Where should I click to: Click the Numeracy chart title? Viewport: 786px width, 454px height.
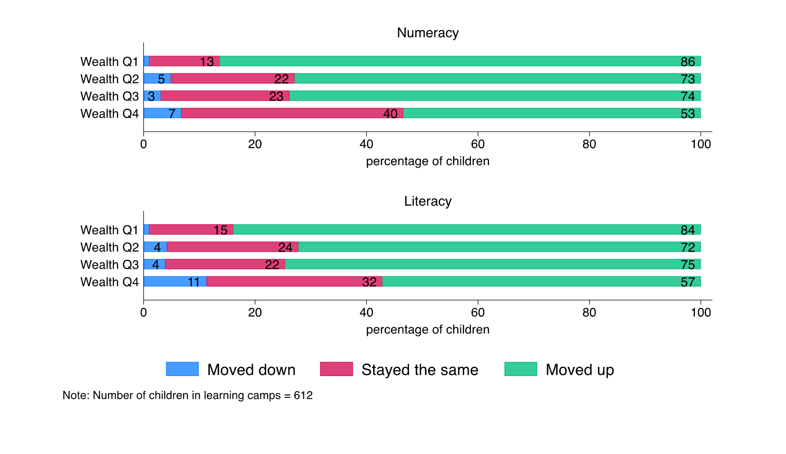427,33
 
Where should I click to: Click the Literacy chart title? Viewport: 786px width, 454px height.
427,201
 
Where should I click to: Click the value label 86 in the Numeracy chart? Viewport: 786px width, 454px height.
688,62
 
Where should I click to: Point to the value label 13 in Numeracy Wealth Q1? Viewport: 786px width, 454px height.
207,62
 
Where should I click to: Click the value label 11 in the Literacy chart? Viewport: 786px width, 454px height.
194,282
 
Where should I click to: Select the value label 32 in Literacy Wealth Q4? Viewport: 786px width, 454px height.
369,282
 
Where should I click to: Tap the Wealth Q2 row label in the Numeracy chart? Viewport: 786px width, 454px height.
110,79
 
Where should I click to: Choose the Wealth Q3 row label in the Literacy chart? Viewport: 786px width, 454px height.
110,265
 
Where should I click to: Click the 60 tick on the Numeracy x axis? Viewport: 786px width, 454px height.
478,144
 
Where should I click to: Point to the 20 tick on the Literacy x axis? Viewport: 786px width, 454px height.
255,313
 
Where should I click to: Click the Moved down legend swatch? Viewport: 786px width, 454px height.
182,369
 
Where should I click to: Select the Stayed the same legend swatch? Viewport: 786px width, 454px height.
336,369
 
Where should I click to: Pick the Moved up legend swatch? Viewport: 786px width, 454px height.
520,369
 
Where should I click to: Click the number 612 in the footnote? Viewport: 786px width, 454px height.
303,395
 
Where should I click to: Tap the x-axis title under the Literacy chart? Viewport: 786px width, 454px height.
427,330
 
